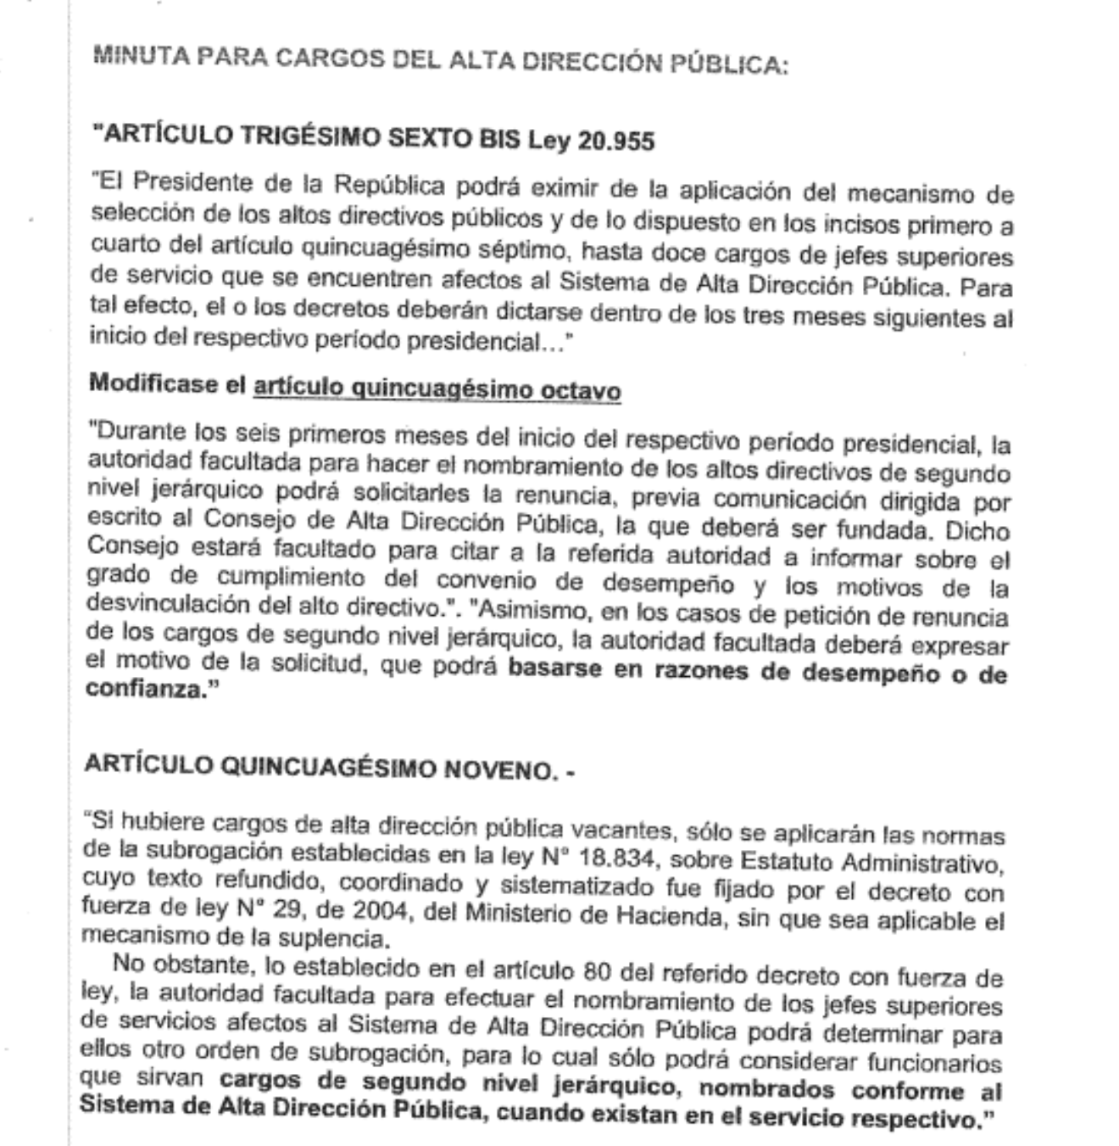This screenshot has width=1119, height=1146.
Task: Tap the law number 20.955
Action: tap(616, 140)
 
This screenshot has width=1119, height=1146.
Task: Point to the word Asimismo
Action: tap(530, 611)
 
